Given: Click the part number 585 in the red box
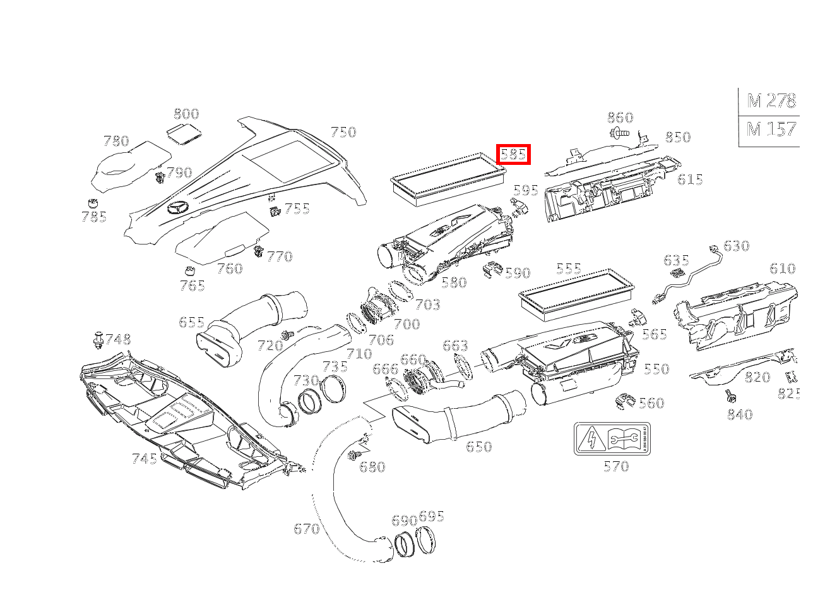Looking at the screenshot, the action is [x=513, y=154].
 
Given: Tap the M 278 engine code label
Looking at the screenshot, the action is [x=771, y=100].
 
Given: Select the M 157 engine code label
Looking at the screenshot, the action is [x=771, y=130].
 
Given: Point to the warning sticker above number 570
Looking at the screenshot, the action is [x=612, y=438].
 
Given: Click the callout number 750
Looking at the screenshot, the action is [x=343, y=132].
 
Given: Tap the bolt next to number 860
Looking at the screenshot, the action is [x=620, y=133].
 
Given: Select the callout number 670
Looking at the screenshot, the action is [x=307, y=529].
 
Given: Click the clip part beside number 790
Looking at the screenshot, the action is [x=160, y=176].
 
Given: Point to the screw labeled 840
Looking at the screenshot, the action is [x=730, y=396].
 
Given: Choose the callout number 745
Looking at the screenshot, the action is [x=144, y=459].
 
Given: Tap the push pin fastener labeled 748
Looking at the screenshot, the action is [x=98, y=339].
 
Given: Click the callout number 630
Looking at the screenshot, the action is [x=736, y=246].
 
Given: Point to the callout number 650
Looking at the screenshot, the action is [x=478, y=447].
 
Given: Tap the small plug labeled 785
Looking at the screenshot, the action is [x=92, y=203].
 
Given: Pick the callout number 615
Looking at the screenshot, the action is [x=690, y=179].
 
